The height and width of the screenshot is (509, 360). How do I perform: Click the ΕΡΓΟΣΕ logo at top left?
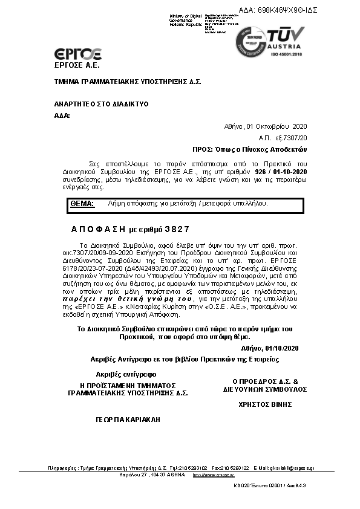78,54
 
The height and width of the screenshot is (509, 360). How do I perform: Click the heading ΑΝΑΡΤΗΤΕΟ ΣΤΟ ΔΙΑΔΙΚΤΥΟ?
101,104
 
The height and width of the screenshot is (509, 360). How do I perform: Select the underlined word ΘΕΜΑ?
82,204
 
